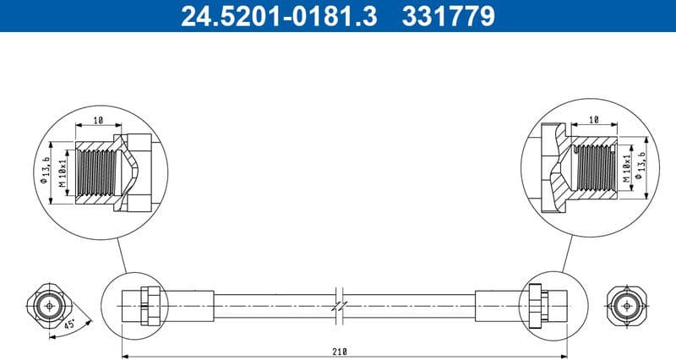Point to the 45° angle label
pos(69,322)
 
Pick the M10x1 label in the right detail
pos(627,168)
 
